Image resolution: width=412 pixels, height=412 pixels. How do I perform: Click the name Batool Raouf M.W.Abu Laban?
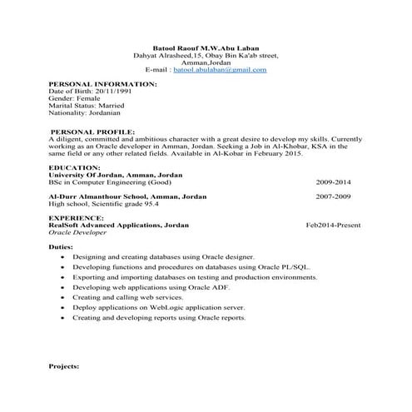pos(206,49)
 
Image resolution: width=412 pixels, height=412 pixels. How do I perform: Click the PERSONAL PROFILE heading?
pos(92,132)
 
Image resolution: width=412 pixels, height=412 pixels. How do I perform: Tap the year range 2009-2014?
pos(333,181)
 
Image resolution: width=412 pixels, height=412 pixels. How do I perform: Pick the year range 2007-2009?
pos(333,196)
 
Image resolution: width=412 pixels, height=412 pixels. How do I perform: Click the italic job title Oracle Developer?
pos(79,232)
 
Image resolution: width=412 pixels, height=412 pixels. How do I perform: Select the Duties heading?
pos(61,247)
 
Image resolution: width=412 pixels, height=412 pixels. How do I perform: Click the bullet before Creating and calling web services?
pos(65,297)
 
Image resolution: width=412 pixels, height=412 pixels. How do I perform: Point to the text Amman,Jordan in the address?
pos(206,63)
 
